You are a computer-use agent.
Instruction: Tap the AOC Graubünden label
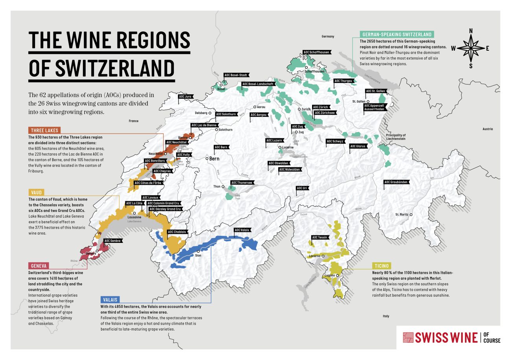click(397, 182)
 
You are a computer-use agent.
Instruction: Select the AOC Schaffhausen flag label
click(316, 52)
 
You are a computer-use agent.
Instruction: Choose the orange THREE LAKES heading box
click(44, 130)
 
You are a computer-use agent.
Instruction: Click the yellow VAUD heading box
click(36, 192)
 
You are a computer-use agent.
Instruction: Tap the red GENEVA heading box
click(39, 265)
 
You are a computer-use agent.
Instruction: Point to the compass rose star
click(471, 48)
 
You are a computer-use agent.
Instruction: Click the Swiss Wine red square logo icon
click(409, 338)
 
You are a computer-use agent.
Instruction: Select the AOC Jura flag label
click(185, 96)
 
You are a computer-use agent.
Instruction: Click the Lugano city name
click(329, 276)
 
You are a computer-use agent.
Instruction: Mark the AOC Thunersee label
click(242, 182)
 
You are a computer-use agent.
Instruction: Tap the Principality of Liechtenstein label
click(395, 137)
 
